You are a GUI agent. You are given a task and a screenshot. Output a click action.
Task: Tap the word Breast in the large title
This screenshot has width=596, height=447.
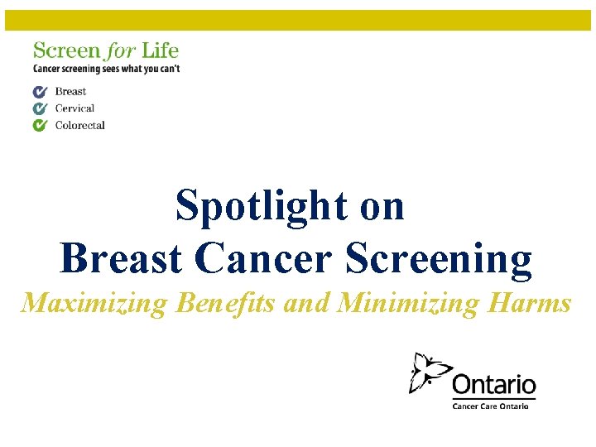(x=121, y=258)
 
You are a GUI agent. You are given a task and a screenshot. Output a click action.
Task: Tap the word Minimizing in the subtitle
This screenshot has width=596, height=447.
(x=406, y=303)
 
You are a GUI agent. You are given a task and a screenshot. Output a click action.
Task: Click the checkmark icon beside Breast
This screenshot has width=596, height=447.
(x=40, y=92)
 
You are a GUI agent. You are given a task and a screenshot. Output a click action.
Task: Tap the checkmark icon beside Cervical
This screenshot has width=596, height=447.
(x=40, y=108)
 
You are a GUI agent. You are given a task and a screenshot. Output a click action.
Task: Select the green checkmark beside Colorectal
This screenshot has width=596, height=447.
(x=40, y=126)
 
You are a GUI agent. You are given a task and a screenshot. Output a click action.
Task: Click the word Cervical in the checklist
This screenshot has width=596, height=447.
(x=74, y=108)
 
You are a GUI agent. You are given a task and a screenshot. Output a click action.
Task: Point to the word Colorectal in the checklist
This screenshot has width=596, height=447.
(x=79, y=126)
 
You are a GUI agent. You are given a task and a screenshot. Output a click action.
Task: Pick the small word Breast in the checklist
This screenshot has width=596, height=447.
(x=70, y=92)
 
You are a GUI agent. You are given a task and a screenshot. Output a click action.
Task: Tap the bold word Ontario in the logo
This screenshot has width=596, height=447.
(x=493, y=386)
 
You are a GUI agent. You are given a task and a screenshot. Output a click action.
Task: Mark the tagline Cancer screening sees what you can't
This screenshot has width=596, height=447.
(x=106, y=69)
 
